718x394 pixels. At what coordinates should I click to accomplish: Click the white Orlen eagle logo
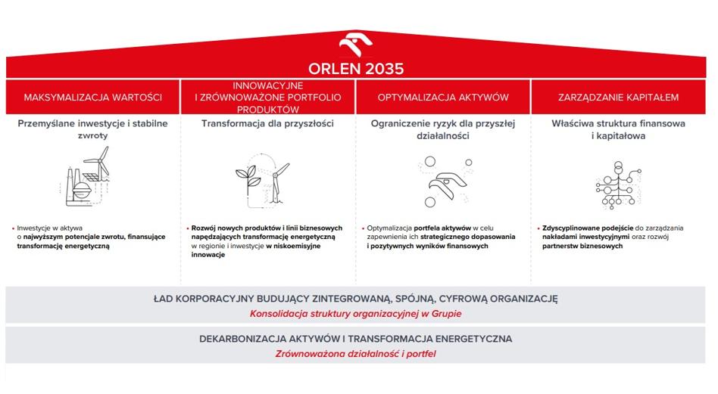(x=356, y=45)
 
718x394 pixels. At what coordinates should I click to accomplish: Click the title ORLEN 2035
(x=356, y=69)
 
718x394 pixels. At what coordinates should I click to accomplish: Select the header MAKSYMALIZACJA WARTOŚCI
(x=93, y=98)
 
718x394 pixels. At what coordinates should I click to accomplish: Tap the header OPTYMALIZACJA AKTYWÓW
(x=443, y=98)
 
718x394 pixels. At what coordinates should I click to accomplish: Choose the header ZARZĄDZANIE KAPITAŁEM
(x=618, y=98)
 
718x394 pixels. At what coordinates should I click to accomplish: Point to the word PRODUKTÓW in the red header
(x=268, y=110)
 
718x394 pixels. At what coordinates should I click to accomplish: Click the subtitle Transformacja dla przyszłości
(x=268, y=123)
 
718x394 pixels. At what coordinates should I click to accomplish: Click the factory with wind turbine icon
(x=86, y=176)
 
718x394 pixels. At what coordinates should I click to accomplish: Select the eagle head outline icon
(x=446, y=185)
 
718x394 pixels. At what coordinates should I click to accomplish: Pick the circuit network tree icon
(x=618, y=185)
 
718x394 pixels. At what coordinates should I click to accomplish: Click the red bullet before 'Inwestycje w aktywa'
(x=14, y=228)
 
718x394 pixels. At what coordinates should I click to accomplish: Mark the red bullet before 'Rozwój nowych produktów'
(x=188, y=228)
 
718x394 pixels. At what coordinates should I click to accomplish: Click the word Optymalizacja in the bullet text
(x=389, y=228)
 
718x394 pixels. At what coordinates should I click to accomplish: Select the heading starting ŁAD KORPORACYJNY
(x=356, y=299)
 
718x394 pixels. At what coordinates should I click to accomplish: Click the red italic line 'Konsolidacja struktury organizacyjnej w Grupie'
(x=356, y=314)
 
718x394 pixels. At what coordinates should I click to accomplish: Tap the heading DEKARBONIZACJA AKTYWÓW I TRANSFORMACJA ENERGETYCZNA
(x=356, y=339)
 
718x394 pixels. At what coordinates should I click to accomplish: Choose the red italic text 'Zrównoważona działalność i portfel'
(x=356, y=354)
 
